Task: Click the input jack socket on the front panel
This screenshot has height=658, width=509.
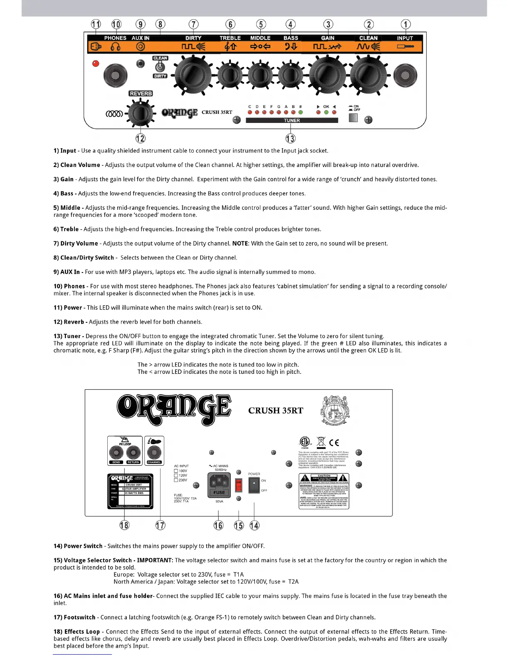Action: pyautogui.click(x=405, y=75)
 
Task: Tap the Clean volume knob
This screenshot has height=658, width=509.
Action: pyautogui.click(x=368, y=75)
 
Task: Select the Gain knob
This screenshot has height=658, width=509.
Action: pyautogui.click(x=327, y=75)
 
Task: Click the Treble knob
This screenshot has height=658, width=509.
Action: pyautogui.click(x=230, y=75)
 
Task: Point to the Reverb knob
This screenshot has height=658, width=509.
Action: pyautogui.click(x=141, y=113)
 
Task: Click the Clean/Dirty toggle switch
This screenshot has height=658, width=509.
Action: pyautogui.click(x=160, y=67)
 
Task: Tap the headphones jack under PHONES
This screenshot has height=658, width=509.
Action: pyautogui.click(x=115, y=75)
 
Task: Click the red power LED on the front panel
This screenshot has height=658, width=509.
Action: pyautogui.click(x=96, y=64)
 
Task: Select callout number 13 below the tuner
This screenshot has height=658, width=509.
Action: pyautogui.click(x=290, y=138)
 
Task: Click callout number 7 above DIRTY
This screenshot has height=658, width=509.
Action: pyautogui.click(x=193, y=25)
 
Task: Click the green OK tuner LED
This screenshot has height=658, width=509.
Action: pyautogui.click(x=326, y=112)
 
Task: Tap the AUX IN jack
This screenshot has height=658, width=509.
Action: pyautogui.click(x=141, y=64)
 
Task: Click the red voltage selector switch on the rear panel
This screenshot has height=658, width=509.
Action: pyautogui.click(x=239, y=485)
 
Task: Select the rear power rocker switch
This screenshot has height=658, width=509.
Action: pyautogui.click(x=254, y=484)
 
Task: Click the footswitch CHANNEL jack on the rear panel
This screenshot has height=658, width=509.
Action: pyautogui.click(x=154, y=452)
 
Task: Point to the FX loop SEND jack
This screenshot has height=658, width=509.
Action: pyautogui.click(x=116, y=452)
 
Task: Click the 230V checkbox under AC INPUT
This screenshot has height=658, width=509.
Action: pyautogui.click(x=176, y=480)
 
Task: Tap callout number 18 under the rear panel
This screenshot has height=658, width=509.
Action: pyautogui.click(x=124, y=525)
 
